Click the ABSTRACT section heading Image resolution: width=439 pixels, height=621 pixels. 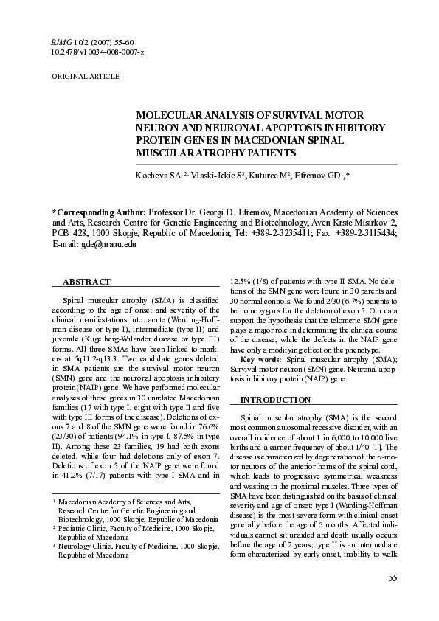[x=86, y=282]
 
